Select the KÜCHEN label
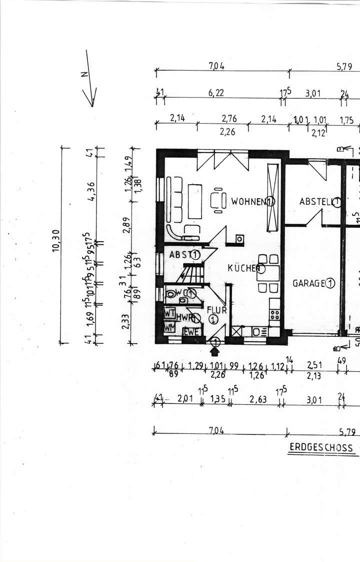242,268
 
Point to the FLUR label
220,310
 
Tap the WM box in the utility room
169,328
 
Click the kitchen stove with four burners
274,315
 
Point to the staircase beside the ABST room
191,274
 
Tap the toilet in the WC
171,294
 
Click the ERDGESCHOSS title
320,447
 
